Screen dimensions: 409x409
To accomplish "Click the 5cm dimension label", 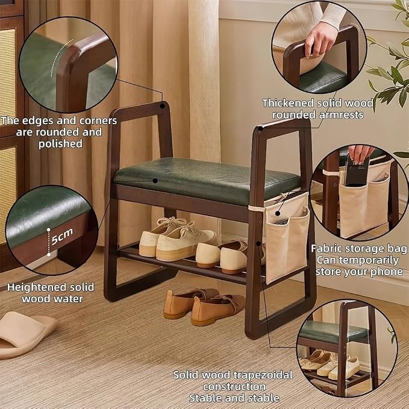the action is [x=62, y=236].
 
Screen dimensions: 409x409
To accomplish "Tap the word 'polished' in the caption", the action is [x=60, y=144].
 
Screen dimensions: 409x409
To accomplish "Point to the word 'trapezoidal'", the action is [x=263, y=375].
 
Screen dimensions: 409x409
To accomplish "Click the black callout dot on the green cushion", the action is [x=155, y=181].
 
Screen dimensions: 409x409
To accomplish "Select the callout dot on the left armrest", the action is [x=162, y=106].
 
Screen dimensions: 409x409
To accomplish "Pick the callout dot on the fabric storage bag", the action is [x=278, y=214].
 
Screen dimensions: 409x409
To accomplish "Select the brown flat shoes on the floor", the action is [x=204, y=307].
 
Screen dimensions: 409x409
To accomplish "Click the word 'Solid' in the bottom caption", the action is [x=187, y=375].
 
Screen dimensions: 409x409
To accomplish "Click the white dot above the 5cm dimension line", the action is [x=49, y=230].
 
